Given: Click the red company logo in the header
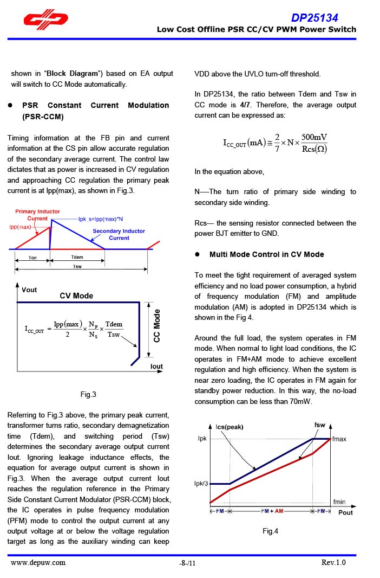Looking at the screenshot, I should [x=45, y=21].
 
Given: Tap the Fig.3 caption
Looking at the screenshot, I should [x=88, y=394].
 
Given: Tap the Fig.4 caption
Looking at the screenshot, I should [x=270, y=531].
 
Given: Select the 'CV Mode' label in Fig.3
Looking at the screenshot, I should [x=76, y=296].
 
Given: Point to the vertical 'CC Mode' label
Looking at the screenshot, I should [x=157, y=325].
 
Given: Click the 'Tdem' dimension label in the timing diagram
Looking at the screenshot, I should [x=77, y=257].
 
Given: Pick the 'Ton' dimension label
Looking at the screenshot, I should [x=32, y=258].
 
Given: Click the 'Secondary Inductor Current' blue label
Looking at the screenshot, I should [x=119, y=234].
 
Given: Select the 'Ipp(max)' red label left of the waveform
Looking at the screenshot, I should [x=20, y=227].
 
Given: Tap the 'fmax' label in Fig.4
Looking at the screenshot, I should [x=339, y=439].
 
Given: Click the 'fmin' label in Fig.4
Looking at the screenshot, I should [x=339, y=502].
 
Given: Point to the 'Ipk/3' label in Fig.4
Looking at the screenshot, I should [x=201, y=483].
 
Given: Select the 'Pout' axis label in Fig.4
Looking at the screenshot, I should [x=345, y=512].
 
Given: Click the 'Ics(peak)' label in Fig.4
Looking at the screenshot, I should [x=230, y=427].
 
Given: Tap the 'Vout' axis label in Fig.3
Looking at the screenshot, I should [x=29, y=290].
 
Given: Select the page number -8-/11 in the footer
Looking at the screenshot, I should [x=187, y=563].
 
